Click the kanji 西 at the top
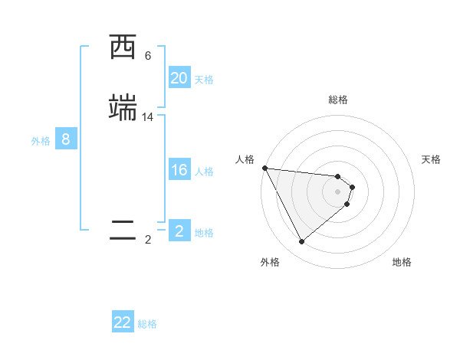pos(123,48)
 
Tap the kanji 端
pos(123,108)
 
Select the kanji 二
pos(123,231)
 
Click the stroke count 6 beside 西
pos(148,56)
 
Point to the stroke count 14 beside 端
pos(148,116)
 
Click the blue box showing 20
pos(179,78)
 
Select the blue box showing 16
pos(179,170)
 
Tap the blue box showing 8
pos(66,139)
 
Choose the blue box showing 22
pos(123,322)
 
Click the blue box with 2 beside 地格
pos(179,231)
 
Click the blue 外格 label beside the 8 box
pos(41,141)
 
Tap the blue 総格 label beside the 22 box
pos(147,324)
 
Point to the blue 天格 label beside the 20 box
pos(204,80)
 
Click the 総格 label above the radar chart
pos(338,100)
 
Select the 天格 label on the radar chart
pos(432,159)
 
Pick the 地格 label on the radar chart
pos(402,262)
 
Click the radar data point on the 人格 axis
pos(264,168)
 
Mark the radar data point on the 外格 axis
pos(301,242)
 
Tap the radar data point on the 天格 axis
pos(352,187)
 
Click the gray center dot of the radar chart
pos(338,191)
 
